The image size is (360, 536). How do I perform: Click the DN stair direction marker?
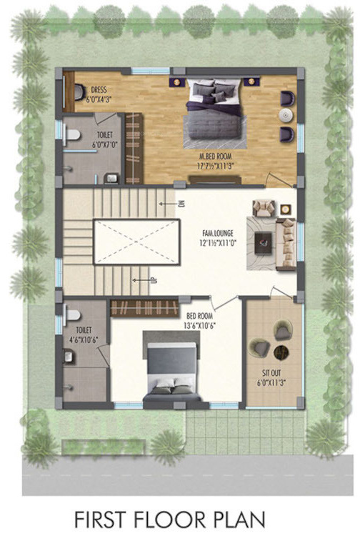[x=181, y=204]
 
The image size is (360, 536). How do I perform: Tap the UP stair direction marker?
[x=153, y=280]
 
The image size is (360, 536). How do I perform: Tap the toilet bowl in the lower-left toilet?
[x=71, y=314]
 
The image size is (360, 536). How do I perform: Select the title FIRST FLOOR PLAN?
[x=170, y=517]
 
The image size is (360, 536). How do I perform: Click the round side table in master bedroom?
[x=285, y=115]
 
